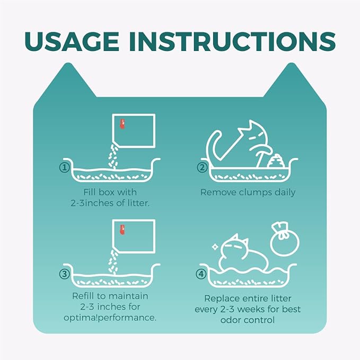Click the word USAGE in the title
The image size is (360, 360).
pyautogui.click(x=72, y=41)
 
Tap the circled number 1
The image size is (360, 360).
pyautogui.click(x=65, y=168)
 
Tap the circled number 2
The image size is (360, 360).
pyautogui.click(x=202, y=168)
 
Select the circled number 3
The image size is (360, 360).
pyautogui.click(x=65, y=274)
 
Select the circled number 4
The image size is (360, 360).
pyautogui.click(x=201, y=274)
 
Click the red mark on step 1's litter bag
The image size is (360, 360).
pyautogui.click(x=122, y=124)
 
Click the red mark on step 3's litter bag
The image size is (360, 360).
pyautogui.click(x=122, y=230)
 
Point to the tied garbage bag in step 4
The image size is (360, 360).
pyautogui.click(x=285, y=239)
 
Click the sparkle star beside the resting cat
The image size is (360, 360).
pyautogui.click(x=215, y=247)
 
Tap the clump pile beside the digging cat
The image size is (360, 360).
pyautogui.click(x=276, y=161)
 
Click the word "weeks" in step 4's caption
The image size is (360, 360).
pyautogui.click(x=251, y=309)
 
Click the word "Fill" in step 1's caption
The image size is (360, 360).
pyautogui.click(x=89, y=192)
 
